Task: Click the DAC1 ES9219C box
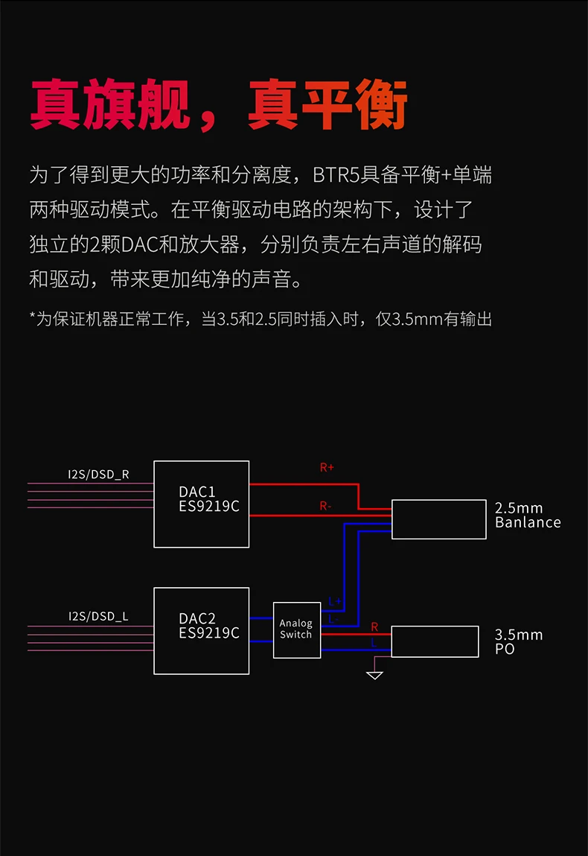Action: tap(201, 504)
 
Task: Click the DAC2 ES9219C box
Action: tap(201, 630)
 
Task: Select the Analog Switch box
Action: tap(296, 630)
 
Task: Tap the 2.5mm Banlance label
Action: tap(528, 515)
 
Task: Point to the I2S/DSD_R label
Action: tap(99, 474)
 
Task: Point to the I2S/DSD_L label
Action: tap(98, 616)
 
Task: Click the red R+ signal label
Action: tap(327, 468)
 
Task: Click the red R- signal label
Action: tap(325, 506)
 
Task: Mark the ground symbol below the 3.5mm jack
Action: tap(375, 675)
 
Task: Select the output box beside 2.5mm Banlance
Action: tap(438, 519)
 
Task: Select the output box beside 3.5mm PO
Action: tap(435, 641)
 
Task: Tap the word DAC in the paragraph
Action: tap(138, 244)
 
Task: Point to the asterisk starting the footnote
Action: tap(33, 319)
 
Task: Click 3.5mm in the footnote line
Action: tap(406, 320)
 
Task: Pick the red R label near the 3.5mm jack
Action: tap(374, 627)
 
